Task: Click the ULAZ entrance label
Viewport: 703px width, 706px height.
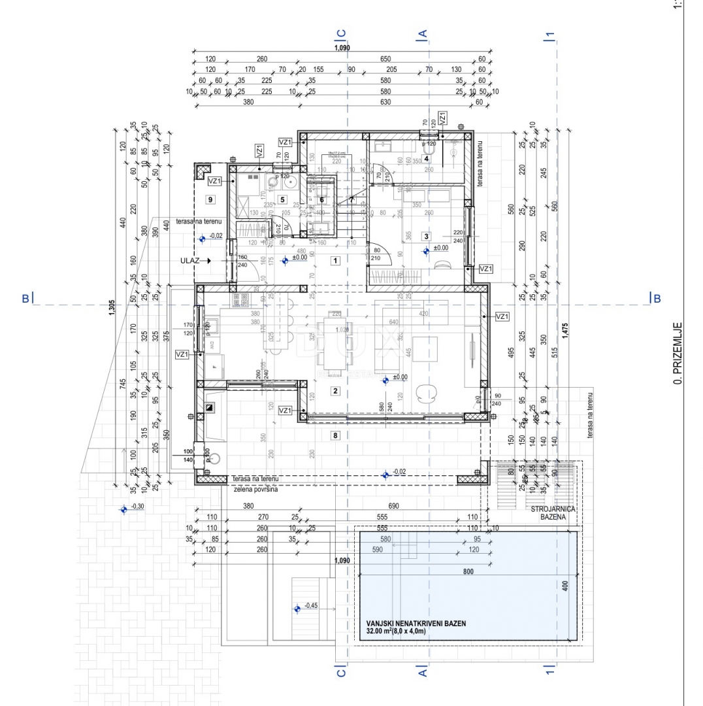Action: [x=189, y=260]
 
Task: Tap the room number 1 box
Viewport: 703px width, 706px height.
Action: [x=335, y=261]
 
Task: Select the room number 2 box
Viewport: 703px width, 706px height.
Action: [x=335, y=392]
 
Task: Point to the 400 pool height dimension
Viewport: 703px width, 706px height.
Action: [x=566, y=585]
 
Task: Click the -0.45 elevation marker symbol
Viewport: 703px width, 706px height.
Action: [x=297, y=608]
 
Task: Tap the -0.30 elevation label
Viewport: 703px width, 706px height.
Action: [x=138, y=507]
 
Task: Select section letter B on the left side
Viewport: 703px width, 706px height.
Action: [x=25, y=299]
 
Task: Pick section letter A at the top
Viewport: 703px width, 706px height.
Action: [x=423, y=34]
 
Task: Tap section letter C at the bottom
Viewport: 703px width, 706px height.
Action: [x=340, y=670]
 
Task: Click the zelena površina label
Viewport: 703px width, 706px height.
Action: [x=255, y=488]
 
